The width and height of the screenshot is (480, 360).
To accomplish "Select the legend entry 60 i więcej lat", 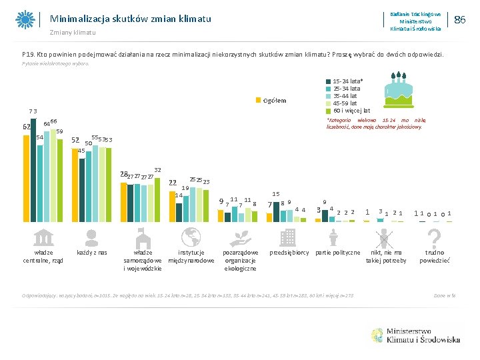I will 347,110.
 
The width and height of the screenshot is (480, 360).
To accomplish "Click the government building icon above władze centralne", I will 43,237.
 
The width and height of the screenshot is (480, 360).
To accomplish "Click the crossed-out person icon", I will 386,237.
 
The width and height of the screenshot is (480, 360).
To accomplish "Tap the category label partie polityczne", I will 337,253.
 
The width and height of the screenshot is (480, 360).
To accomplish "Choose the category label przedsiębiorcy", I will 288,253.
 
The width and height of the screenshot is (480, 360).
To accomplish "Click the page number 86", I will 459,20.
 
